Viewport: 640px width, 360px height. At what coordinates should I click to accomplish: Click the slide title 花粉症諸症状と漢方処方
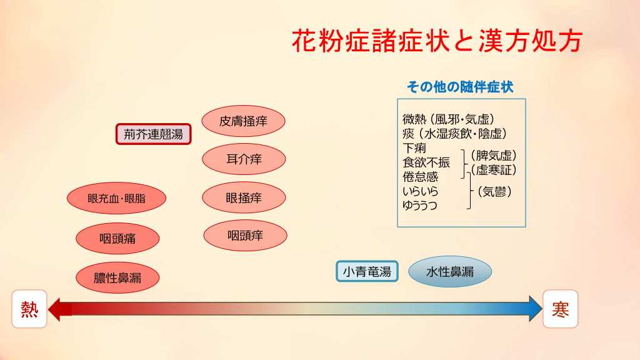(437, 41)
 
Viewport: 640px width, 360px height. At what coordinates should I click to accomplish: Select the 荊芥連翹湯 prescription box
(154, 134)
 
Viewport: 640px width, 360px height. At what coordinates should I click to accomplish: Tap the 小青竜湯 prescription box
(367, 271)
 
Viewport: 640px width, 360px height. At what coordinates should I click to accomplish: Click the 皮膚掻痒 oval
(243, 121)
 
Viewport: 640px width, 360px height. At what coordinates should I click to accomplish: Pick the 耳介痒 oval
(244, 159)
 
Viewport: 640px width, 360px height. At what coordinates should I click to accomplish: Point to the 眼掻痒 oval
(244, 197)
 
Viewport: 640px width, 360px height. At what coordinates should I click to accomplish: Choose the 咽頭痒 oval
(245, 236)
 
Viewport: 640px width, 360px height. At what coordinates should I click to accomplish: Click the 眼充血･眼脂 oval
(117, 198)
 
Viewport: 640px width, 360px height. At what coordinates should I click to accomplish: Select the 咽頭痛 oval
(117, 238)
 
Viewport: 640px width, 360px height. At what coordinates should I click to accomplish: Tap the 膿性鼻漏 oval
(117, 278)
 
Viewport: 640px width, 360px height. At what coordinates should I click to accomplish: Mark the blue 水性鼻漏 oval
(450, 271)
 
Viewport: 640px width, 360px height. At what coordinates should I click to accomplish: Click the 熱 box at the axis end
(29, 309)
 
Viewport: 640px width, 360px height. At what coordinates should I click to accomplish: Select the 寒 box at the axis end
(561, 309)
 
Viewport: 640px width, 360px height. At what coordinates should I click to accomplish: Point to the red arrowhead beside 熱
(57, 309)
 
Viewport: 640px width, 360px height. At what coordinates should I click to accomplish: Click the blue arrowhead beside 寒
(535, 309)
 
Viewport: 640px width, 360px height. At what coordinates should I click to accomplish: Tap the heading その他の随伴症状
(460, 86)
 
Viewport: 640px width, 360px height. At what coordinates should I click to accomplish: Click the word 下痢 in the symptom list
(414, 147)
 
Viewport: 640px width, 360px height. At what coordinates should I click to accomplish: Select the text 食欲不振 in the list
(426, 162)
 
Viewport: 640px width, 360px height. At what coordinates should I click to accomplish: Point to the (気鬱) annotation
(494, 191)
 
